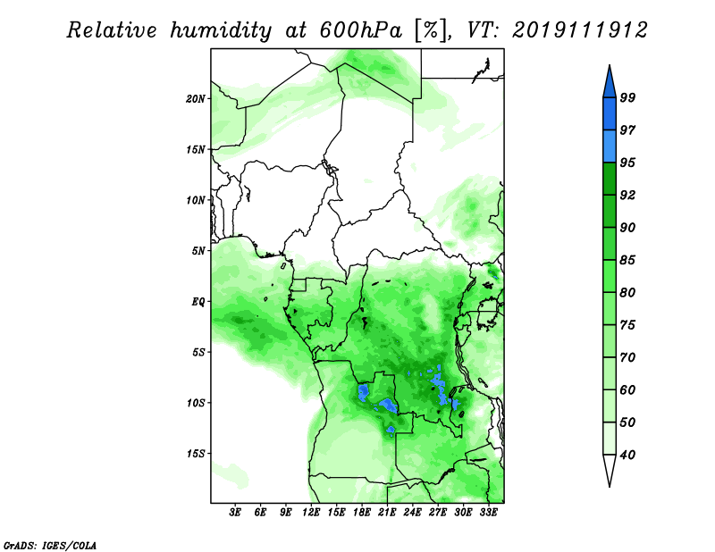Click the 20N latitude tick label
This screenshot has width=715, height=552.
(x=196, y=99)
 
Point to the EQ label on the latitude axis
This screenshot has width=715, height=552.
(x=198, y=302)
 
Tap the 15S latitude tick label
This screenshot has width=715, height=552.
(x=196, y=454)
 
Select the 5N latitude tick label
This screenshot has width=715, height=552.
(x=198, y=251)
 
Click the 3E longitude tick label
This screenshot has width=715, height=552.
(x=235, y=512)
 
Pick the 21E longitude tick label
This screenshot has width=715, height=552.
(x=387, y=512)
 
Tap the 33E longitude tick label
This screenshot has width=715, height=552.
(x=488, y=512)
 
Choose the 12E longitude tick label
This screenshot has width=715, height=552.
(x=311, y=512)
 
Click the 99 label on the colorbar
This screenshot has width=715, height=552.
(x=627, y=97)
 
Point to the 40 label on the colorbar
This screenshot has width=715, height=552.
(x=627, y=455)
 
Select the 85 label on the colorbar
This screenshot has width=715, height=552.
(x=627, y=260)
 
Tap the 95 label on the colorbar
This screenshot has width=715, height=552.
(x=627, y=163)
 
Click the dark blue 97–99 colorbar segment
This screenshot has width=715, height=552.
(x=610, y=114)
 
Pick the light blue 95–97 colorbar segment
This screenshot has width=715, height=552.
(x=610, y=146)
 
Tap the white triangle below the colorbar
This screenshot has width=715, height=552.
(x=610, y=469)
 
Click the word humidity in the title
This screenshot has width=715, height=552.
(x=221, y=30)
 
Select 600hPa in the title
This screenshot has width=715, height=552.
(x=361, y=30)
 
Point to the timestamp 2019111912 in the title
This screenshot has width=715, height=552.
(x=580, y=30)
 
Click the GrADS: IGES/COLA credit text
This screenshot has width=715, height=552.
(x=50, y=545)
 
